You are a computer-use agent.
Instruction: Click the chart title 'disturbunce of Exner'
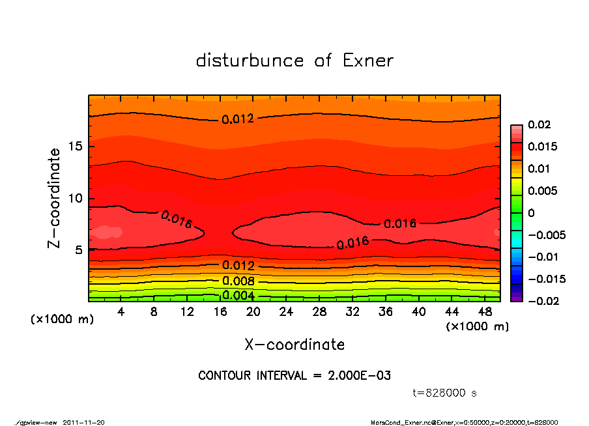click(294, 61)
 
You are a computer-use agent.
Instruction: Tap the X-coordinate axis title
click(294, 344)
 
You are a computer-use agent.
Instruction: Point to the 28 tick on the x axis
click(320, 312)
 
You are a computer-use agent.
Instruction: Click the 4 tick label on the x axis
click(121, 312)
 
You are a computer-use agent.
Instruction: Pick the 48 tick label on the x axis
click(485, 312)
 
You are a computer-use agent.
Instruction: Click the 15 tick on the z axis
click(75, 147)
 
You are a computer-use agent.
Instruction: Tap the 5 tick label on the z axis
click(78, 249)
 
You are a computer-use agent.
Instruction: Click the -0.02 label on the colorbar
click(542, 301)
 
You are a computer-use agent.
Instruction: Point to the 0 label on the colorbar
click(531, 213)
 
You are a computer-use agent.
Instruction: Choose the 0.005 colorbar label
click(542, 191)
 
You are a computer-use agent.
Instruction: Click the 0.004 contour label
click(238, 295)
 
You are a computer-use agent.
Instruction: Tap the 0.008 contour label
click(238, 281)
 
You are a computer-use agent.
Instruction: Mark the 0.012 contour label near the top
click(238, 119)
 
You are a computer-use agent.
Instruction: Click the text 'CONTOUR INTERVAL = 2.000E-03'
click(294, 376)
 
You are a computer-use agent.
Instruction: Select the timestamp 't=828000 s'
click(445, 393)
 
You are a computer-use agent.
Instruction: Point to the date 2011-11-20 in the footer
click(83, 422)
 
